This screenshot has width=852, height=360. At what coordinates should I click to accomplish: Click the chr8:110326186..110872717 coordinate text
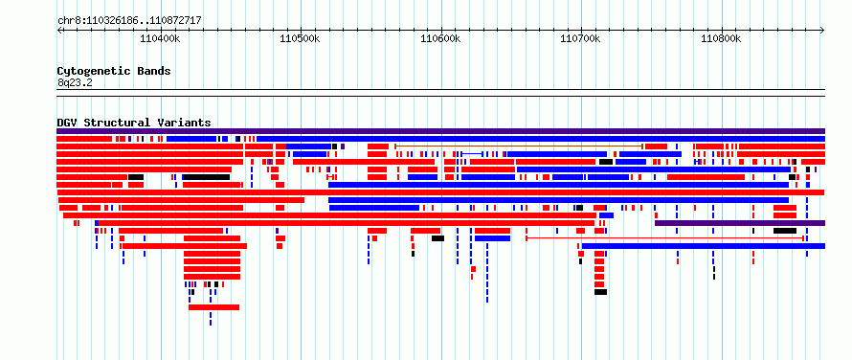[129, 21]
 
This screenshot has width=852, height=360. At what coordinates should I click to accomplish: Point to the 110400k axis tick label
[160, 38]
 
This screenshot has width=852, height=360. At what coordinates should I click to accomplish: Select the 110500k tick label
[300, 38]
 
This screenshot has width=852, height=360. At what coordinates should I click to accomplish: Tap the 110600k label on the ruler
[440, 38]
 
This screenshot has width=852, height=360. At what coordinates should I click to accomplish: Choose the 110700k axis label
[580, 38]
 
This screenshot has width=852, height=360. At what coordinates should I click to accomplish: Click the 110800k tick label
[721, 38]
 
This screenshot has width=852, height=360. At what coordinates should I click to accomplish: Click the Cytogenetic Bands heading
[114, 71]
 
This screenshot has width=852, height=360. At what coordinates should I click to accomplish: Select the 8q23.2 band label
[75, 82]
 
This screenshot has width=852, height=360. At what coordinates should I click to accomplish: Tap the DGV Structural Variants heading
[134, 123]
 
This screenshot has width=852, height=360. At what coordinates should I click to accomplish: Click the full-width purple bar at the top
[440, 131]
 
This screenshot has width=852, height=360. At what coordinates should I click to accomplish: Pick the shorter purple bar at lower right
[740, 223]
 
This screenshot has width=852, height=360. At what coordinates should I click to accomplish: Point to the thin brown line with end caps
[519, 146]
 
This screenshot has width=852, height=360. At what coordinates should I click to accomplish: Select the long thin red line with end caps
[664, 238]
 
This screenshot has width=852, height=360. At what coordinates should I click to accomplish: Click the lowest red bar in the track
[214, 307]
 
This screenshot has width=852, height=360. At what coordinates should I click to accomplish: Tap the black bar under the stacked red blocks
[600, 292]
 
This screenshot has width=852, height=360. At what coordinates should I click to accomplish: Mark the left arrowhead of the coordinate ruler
[58, 31]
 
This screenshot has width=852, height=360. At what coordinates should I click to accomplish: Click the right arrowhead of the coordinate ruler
[823, 31]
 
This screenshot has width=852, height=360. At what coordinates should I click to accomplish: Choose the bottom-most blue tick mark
[211, 323]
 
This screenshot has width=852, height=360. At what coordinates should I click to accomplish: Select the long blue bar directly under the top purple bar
[541, 139]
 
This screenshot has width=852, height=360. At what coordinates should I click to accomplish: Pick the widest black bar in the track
[207, 177]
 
